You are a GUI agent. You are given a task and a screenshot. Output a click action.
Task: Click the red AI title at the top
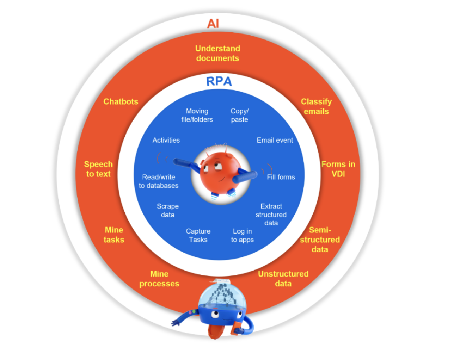coord(213,23)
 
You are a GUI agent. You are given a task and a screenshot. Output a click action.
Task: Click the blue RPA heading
coord(219,81)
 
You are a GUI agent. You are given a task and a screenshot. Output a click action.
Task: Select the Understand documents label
coord(218,53)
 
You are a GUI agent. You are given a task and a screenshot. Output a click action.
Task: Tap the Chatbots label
coord(121,102)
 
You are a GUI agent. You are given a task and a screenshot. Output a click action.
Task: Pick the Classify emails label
coord(316,106)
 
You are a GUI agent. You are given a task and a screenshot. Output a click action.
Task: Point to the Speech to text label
coord(98,169)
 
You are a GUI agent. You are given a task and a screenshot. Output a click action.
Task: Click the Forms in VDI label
coord(338,169)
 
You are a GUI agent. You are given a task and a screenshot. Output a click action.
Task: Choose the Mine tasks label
coord(114,235)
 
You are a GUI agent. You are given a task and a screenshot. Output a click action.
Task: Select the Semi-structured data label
coord(320,240)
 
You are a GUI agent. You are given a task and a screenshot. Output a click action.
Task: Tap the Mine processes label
coord(159,279)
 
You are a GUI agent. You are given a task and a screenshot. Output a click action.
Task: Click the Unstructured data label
coord(283,279)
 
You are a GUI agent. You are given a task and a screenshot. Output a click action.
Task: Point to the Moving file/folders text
coord(197,115)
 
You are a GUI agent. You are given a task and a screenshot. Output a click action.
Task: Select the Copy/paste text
coord(239,115)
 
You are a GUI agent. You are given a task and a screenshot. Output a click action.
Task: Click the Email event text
coord(275,140)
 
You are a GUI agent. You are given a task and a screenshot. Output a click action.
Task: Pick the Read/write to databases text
coord(159,181)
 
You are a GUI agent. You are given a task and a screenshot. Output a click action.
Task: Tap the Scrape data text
coord(168,211)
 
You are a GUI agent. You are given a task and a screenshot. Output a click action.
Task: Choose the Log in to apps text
coord(243,236)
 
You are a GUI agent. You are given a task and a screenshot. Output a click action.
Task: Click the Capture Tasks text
coord(198,235)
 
